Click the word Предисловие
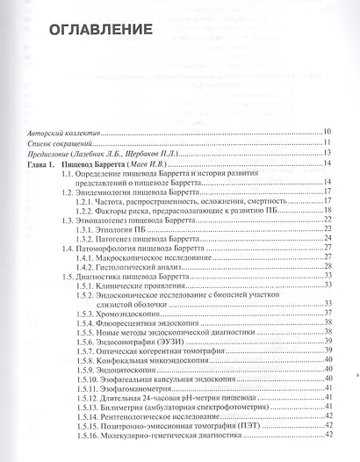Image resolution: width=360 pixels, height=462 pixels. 51,154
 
